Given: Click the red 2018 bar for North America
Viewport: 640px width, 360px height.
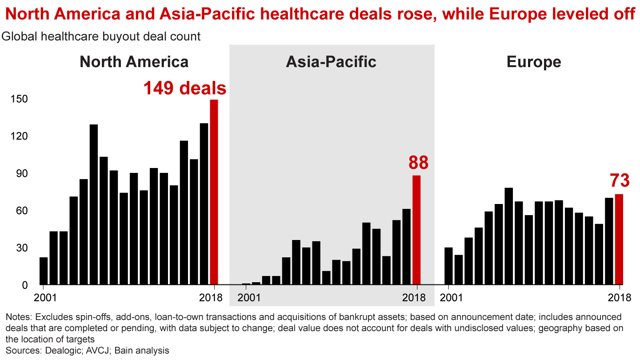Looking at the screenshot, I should (x=214, y=192).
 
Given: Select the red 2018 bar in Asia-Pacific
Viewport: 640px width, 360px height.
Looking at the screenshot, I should (x=416, y=230).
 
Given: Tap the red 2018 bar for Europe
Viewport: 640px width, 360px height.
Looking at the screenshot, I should (x=619, y=239).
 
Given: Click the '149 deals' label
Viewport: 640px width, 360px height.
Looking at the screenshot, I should (x=184, y=88).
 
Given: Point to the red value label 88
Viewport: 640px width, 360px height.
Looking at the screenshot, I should (x=418, y=163).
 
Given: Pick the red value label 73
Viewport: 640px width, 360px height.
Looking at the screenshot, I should (x=620, y=181).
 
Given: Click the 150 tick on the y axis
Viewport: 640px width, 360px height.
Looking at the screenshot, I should (x=19, y=99).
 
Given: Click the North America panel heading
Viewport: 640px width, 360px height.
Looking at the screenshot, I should (x=134, y=62).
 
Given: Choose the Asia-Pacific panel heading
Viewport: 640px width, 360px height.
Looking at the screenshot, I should (x=331, y=62).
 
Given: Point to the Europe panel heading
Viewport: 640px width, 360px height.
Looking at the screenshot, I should (x=533, y=62).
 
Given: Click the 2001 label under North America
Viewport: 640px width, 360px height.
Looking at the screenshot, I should (x=44, y=297).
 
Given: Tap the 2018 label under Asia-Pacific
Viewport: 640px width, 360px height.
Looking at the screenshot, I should (x=417, y=297).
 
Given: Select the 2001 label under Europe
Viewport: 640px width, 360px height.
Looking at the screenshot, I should (x=448, y=297).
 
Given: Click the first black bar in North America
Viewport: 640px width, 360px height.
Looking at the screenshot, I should (x=44, y=271).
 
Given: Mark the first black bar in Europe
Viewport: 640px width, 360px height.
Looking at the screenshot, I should (x=448, y=266).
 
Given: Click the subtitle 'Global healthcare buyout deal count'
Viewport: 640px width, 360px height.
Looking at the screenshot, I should (x=101, y=36).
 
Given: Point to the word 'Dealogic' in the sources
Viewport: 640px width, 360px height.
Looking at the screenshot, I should (x=62, y=350).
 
